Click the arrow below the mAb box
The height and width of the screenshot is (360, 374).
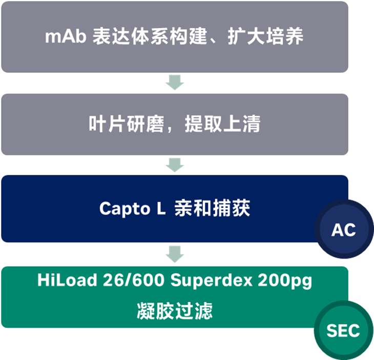point(175,82)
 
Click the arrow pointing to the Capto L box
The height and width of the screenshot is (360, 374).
point(175,165)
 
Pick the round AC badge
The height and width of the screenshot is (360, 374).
point(343,229)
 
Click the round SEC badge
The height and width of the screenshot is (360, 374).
point(343,330)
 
